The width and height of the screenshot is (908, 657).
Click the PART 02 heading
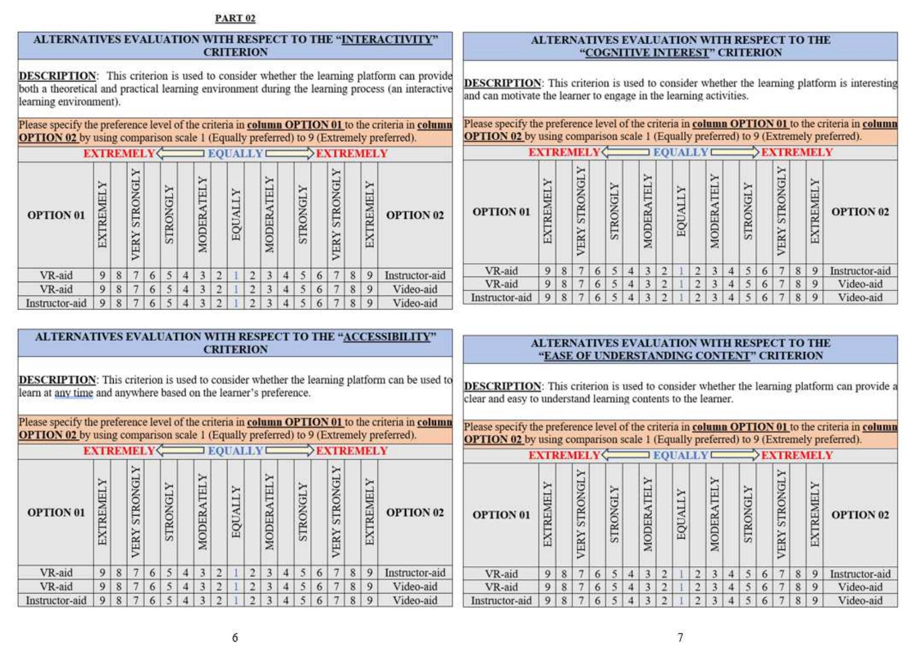tap(235, 18)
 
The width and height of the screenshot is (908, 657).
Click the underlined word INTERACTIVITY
tap(387, 39)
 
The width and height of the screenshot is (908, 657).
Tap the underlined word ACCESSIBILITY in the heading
tap(386, 337)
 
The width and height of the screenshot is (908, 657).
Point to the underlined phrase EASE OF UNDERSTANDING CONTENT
tap(647, 355)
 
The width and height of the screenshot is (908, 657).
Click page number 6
tap(235, 638)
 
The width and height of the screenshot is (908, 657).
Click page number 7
tap(680, 638)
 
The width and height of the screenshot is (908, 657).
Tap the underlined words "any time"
tap(74, 393)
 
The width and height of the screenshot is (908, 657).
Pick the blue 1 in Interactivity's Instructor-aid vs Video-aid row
tap(236, 303)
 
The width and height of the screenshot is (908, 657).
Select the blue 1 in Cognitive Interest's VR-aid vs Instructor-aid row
tap(681, 271)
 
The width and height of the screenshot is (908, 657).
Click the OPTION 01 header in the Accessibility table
tap(56, 512)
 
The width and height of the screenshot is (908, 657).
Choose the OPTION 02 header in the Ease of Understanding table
tap(860, 515)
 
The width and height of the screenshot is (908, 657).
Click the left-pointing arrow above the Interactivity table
tap(180, 153)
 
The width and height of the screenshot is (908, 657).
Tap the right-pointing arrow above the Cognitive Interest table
tap(735, 152)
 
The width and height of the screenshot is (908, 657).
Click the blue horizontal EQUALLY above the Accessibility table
tap(235, 451)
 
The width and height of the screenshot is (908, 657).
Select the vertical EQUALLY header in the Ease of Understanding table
tap(681, 515)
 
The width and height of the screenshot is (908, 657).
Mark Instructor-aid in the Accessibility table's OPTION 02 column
tap(415, 573)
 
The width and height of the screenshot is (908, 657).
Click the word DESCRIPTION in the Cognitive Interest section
tap(502, 83)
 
